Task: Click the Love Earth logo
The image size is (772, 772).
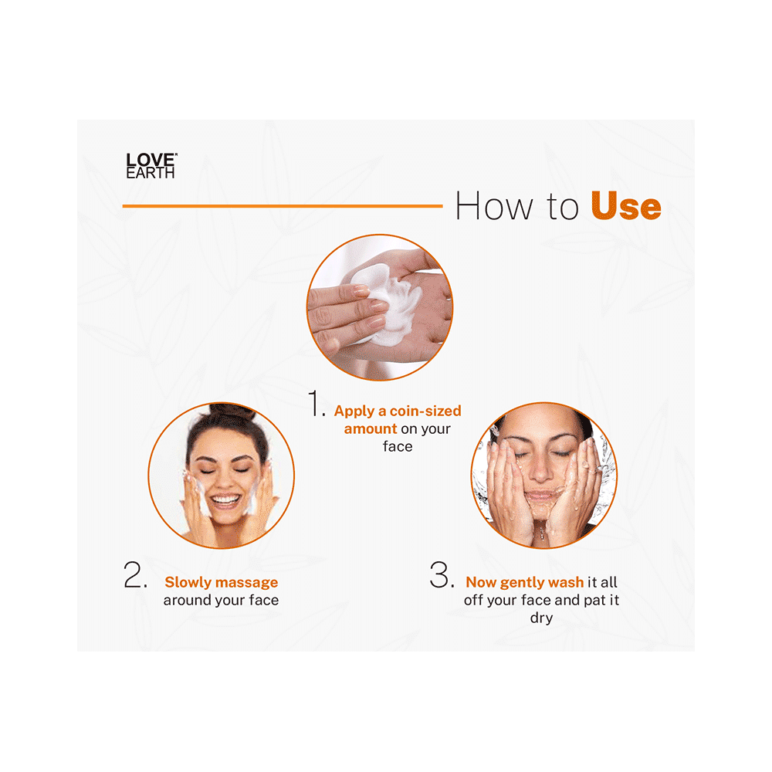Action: tap(151, 166)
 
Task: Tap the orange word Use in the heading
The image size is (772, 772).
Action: tap(625, 207)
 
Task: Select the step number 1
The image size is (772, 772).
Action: tap(317, 405)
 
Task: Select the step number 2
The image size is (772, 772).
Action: tap(135, 576)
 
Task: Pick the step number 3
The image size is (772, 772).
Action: tap(441, 576)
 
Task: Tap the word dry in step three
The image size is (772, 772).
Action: tap(541, 618)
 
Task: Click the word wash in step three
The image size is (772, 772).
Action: tap(566, 582)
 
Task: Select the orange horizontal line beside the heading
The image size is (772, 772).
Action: tap(282, 206)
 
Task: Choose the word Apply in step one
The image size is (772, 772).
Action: tap(353, 411)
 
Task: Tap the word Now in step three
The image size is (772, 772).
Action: tap(481, 582)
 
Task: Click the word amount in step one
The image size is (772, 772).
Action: tap(371, 428)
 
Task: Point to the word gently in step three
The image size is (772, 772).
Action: tap(523, 583)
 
